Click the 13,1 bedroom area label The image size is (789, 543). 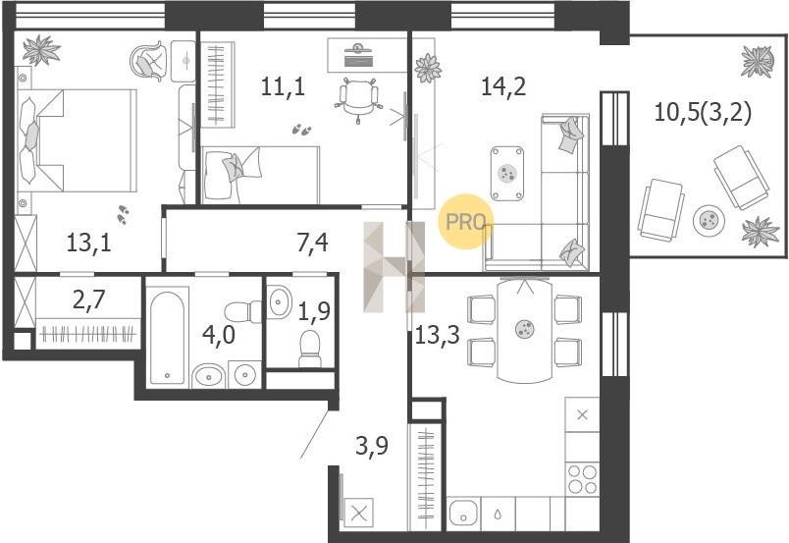click(88, 244)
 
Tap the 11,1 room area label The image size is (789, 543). click(283, 86)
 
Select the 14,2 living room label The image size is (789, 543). click(503, 86)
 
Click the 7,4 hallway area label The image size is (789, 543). click(312, 244)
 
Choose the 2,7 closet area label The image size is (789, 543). click(88, 300)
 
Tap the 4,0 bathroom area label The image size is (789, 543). click(219, 335)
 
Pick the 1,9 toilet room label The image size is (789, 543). click(314, 312)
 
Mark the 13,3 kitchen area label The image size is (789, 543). click(438, 334)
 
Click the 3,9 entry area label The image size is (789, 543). click(372, 446)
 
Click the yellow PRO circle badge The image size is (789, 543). click(465, 222)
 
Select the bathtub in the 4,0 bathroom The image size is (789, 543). click(167, 337)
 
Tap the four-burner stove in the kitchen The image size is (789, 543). click(583, 479)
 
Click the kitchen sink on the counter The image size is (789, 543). click(464, 514)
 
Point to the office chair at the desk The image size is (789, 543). click(358, 98)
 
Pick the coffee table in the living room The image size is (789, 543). click(507, 173)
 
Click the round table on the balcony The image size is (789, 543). click(709, 220)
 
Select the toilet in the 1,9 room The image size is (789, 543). click(309, 349)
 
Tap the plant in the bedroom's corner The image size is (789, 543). click(41, 49)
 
